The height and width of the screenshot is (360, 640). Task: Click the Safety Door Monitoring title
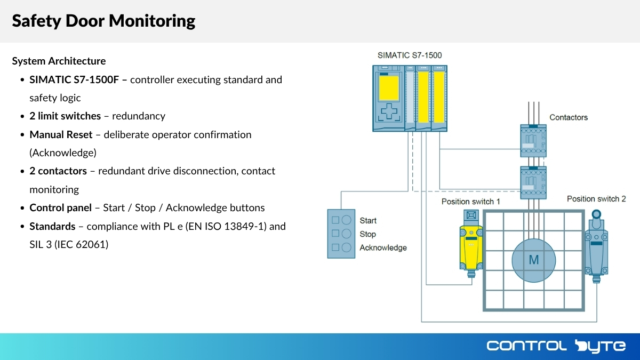[103, 21]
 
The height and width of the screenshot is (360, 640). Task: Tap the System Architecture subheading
[59, 61]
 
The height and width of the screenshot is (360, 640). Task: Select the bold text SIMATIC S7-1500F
[78, 79]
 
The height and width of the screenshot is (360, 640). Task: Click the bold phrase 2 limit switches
[65, 116]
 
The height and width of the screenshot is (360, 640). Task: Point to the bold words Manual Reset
[61, 134]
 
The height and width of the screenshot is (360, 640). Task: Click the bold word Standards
[52, 226]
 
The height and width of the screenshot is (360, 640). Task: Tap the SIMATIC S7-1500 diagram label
[410, 55]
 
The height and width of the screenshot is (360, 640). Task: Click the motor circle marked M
[533, 260]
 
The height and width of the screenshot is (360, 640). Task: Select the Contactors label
[569, 117]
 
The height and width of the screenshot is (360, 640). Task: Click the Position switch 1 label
[471, 202]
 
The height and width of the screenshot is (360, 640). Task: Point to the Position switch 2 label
[596, 199]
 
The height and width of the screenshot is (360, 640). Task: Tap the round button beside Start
[346, 220]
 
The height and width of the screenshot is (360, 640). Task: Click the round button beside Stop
[346, 234]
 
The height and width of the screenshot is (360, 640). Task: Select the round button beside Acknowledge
[346, 247]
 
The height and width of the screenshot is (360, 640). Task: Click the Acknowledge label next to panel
[383, 247]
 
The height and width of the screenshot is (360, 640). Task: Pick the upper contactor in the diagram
[533, 141]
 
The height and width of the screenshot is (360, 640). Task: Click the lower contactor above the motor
[533, 182]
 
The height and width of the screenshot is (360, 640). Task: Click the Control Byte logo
[556, 346]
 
